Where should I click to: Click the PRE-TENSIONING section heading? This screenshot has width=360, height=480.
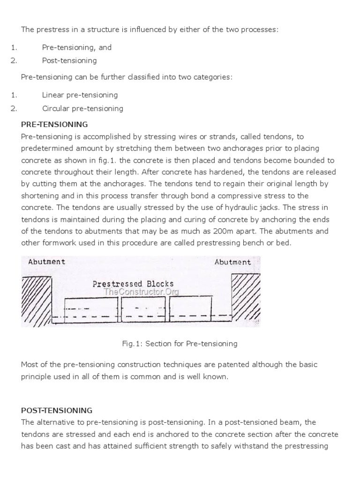[54, 125]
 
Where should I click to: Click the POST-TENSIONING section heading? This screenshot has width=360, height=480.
[57, 410]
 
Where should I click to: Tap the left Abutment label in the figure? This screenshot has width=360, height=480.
[46, 262]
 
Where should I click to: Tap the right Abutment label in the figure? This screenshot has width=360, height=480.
[232, 262]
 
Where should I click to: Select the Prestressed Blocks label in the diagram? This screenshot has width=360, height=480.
[133, 284]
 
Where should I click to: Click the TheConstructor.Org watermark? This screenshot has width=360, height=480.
[141, 292]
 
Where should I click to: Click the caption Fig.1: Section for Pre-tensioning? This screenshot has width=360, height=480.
[180, 344]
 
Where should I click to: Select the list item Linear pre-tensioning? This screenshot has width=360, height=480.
[80, 95]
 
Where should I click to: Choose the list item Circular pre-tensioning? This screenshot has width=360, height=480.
[82, 108]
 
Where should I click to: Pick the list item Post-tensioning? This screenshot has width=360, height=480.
[69, 60]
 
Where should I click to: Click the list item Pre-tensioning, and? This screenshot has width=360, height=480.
[77, 47]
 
